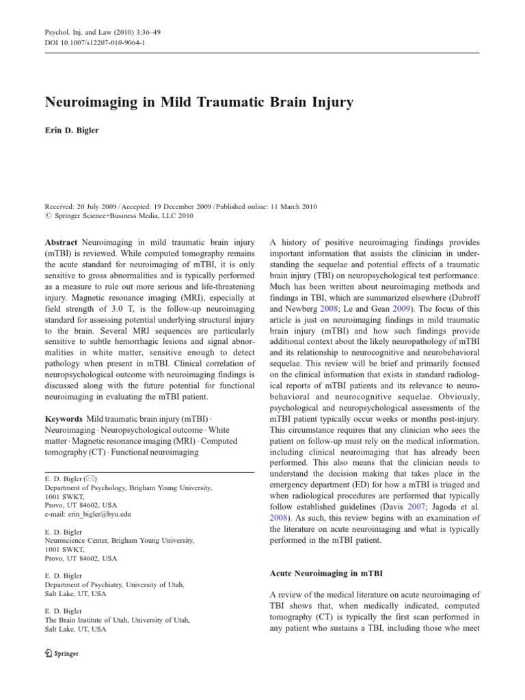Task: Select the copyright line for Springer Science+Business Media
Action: click(120, 216)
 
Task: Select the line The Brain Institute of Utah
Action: click(118, 619)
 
